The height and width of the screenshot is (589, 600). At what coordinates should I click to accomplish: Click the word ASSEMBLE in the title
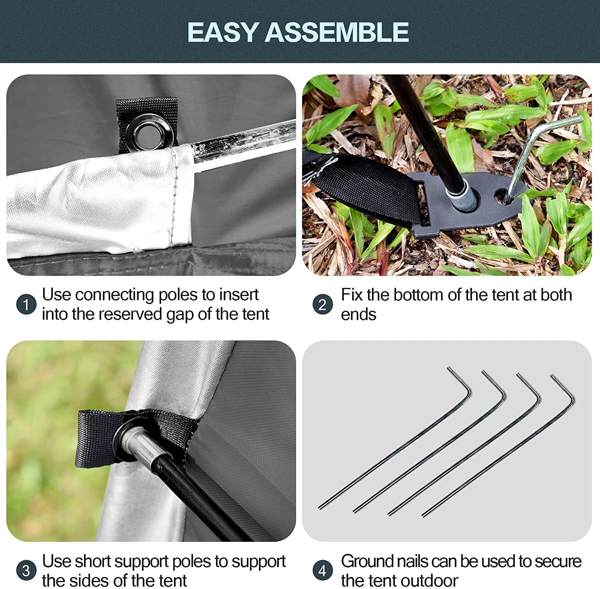tap(336, 32)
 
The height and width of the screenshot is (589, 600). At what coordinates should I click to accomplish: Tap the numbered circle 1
tap(26, 305)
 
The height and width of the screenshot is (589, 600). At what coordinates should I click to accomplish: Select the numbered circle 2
tap(322, 305)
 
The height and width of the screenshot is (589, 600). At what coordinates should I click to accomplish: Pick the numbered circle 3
tap(26, 571)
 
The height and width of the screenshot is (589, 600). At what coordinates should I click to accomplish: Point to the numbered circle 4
tap(322, 571)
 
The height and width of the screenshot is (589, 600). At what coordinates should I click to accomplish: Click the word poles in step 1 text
tap(178, 295)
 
